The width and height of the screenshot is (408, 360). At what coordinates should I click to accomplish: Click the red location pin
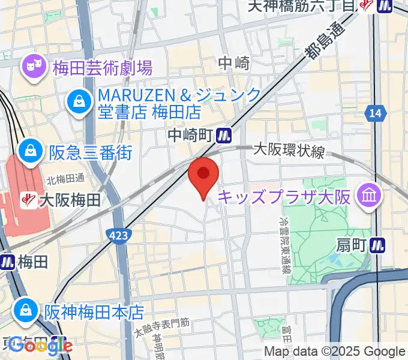click(203, 175)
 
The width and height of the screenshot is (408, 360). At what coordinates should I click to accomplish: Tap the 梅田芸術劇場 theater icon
click(32, 67)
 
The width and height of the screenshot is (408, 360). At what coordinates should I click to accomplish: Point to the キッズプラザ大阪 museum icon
click(365, 195)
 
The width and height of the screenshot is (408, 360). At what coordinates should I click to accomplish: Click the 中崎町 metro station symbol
click(224, 136)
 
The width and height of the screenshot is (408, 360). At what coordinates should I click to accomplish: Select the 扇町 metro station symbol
click(378, 244)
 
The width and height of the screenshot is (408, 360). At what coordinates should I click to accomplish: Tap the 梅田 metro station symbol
click(8, 261)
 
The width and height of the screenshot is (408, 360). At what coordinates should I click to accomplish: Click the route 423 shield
click(118, 235)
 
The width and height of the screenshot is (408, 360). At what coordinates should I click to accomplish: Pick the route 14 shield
click(376, 112)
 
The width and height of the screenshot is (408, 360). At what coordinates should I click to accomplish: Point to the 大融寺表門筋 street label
click(162, 326)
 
